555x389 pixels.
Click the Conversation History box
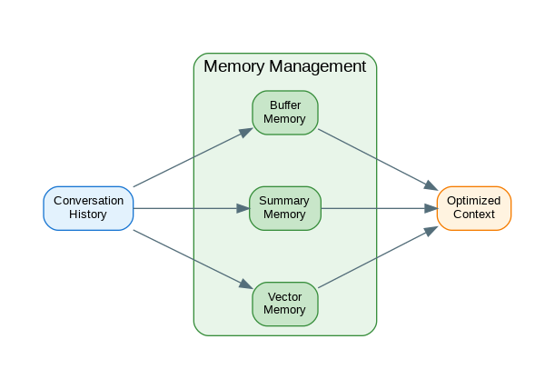[88, 208]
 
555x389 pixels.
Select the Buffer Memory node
[284, 113]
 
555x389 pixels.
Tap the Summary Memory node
[284, 208]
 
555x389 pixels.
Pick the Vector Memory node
[284, 304]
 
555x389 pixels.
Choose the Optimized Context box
[473, 208]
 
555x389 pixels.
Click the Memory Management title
[284, 66]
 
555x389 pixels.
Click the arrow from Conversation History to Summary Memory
[191, 208]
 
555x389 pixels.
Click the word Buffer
[284, 105]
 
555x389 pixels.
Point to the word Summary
[284, 201]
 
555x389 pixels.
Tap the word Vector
[284, 296]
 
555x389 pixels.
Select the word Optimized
[473, 201]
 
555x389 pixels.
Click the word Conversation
[88, 201]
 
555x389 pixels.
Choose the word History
[88, 215]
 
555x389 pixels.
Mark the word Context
[473, 215]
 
